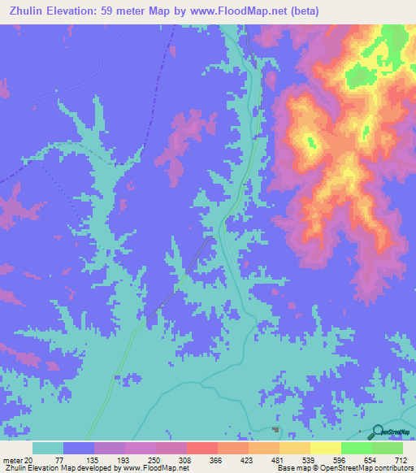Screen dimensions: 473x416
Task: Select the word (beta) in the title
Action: tap(300, 11)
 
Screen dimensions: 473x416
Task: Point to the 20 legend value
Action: tap(29, 460)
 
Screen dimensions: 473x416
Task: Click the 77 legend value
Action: tap(63, 460)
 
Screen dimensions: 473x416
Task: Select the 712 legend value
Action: tap(400, 460)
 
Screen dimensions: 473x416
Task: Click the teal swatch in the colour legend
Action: tap(48, 448)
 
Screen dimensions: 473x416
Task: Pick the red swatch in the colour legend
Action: tap(202, 448)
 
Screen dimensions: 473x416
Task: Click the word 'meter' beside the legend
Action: tap(12, 460)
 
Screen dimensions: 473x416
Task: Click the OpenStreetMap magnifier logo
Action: tap(377, 432)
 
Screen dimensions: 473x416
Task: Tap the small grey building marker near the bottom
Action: tap(275, 429)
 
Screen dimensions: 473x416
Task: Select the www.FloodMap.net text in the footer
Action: tap(157, 468)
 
